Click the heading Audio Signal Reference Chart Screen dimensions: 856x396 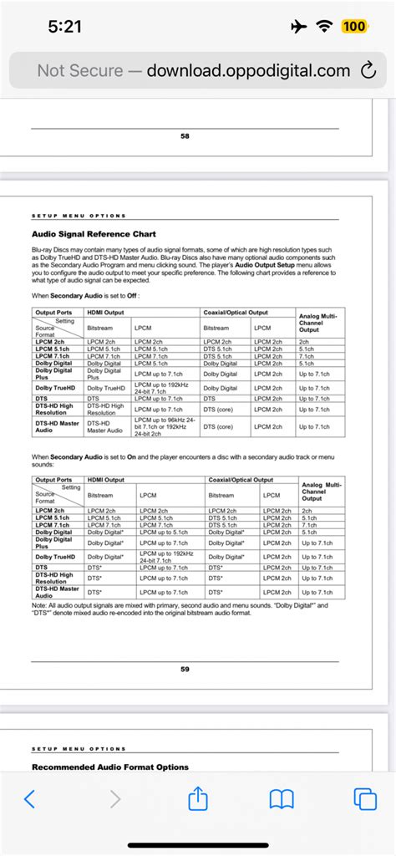[x=94, y=234]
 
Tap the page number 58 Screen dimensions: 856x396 [x=185, y=136]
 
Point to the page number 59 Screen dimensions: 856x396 [x=185, y=668]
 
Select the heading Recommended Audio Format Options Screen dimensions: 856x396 [x=110, y=767]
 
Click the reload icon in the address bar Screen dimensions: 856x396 [x=366, y=71]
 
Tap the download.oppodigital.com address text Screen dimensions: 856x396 [x=248, y=71]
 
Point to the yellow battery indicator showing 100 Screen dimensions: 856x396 [x=353, y=27]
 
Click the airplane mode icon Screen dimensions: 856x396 [x=298, y=27]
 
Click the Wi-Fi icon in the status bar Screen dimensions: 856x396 [x=324, y=27]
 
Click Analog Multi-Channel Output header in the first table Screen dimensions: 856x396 [x=317, y=322]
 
